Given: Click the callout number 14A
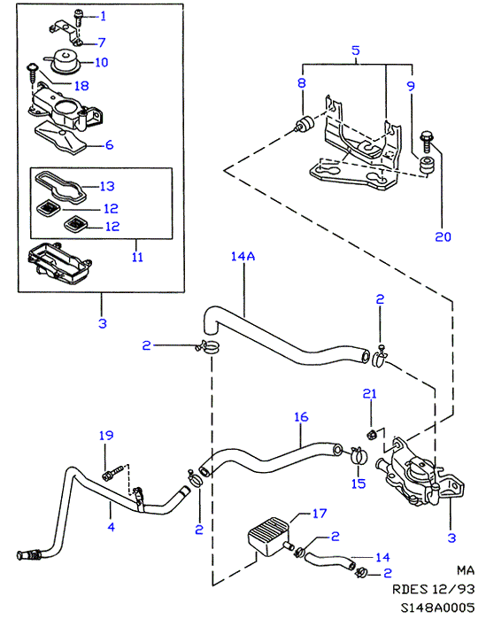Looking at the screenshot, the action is [243, 257].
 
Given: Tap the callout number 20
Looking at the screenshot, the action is [443, 236].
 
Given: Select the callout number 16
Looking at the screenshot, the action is [301, 417].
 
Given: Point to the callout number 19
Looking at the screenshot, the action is [106, 436].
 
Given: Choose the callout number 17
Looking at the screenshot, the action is [320, 514].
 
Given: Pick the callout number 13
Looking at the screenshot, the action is [107, 186].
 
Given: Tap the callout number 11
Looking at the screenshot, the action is [137, 257].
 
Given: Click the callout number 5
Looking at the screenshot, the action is [356, 50].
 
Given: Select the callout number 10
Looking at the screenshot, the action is [102, 62].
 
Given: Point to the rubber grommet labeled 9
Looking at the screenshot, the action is [425, 165].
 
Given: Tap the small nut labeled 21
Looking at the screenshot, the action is [371, 436].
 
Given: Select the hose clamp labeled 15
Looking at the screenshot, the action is [359, 455].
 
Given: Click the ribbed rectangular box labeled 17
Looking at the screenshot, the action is [268, 538].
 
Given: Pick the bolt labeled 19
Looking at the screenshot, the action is [112, 473].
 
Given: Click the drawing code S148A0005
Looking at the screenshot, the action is [437, 607].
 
